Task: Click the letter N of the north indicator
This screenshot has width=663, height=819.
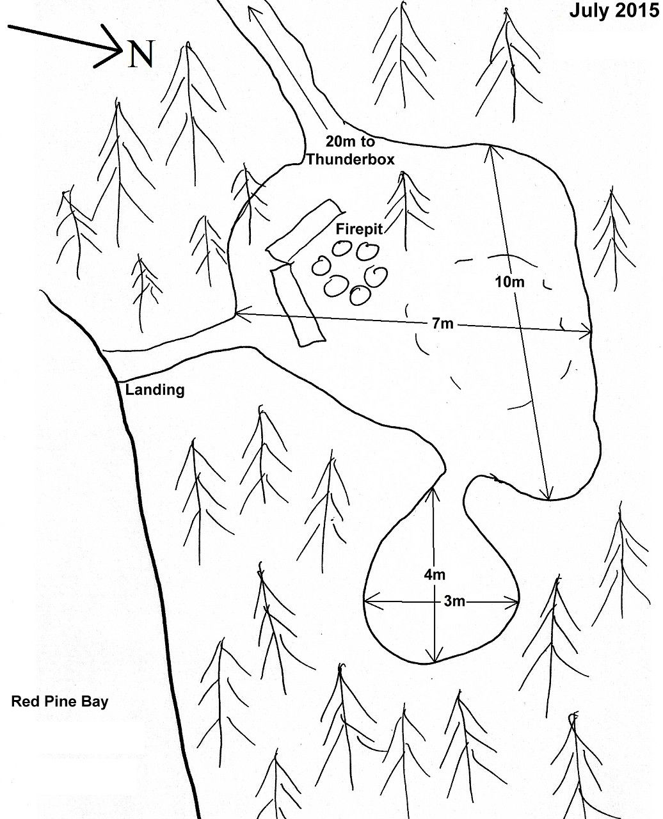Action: pos(141,54)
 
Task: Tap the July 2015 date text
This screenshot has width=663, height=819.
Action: pos(614,11)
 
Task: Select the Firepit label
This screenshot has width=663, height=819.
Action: pos(359,229)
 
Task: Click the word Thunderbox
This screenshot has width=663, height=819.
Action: pos(350,159)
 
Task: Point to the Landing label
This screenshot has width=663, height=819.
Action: pos(155,390)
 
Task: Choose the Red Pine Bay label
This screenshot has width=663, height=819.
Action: pos(60,701)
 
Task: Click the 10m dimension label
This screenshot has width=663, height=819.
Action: pos(509,282)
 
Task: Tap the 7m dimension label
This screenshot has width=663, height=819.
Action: pos(443,323)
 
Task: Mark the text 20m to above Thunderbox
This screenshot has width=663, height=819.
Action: pos(350,141)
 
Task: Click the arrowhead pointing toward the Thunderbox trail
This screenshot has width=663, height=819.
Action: pos(252,12)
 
